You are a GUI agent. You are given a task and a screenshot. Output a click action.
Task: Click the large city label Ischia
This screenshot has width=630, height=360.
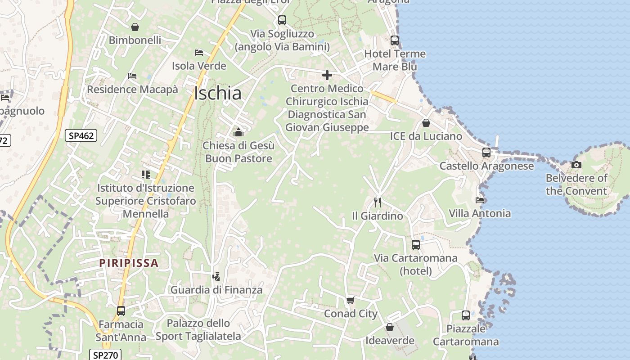[x=218, y=93]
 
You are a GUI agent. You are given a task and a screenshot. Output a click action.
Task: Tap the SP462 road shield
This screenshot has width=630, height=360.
[x=81, y=135]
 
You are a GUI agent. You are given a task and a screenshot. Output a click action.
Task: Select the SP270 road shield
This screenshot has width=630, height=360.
[x=105, y=355]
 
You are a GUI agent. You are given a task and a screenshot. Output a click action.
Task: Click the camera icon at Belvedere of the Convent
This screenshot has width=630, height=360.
[x=576, y=165]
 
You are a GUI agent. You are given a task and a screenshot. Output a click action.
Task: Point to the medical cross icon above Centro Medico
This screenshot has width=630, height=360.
[x=327, y=75]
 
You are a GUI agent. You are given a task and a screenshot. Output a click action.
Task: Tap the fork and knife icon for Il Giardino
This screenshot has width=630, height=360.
[x=378, y=202]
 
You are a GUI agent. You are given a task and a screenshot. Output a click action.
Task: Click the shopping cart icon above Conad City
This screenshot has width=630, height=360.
[x=351, y=300]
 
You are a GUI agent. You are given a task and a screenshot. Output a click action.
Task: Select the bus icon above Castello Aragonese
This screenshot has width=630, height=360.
[x=486, y=153]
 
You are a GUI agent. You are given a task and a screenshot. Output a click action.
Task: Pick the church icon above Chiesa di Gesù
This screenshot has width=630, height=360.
[x=238, y=132]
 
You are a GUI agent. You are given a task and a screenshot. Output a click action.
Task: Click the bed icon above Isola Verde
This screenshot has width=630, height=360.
[x=199, y=53]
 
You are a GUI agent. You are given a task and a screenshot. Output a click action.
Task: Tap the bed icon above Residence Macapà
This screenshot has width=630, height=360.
[x=132, y=76]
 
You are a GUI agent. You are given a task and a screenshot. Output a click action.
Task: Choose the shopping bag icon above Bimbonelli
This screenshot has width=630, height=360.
[x=135, y=27]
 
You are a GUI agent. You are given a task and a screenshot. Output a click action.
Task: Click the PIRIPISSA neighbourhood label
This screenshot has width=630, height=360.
[x=129, y=263]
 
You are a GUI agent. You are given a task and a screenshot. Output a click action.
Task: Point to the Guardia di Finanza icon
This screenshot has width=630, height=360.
[x=216, y=276]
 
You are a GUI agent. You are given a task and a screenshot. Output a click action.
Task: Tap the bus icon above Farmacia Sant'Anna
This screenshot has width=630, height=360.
[x=121, y=310]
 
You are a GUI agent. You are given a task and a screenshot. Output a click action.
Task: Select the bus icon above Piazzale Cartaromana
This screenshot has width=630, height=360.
[x=466, y=315]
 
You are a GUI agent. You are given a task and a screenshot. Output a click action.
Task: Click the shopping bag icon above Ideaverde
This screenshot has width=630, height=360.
[x=390, y=327]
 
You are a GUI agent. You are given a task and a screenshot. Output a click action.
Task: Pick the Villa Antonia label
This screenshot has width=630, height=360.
[x=480, y=213]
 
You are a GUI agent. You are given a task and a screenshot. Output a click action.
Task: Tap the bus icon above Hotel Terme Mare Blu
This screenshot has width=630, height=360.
[x=395, y=40]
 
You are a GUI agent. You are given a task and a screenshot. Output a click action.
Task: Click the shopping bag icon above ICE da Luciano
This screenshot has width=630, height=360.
[x=426, y=123]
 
